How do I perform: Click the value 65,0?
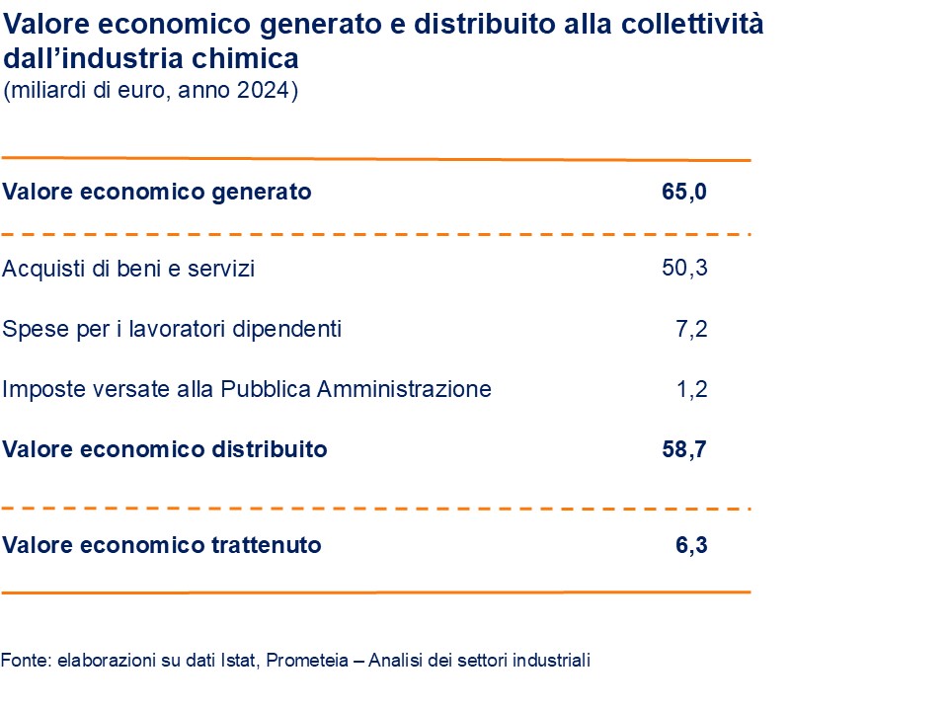tap(684, 192)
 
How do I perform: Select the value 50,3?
tap(684, 268)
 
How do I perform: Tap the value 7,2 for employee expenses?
tap(692, 329)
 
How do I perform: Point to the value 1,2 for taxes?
tap(692, 389)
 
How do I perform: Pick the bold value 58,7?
tap(684, 449)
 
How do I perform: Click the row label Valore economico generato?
tap(157, 192)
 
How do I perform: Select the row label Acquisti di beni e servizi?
tap(128, 269)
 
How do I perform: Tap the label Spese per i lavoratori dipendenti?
tap(172, 329)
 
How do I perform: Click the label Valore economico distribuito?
tap(165, 449)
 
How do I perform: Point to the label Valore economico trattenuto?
tap(162, 544)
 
